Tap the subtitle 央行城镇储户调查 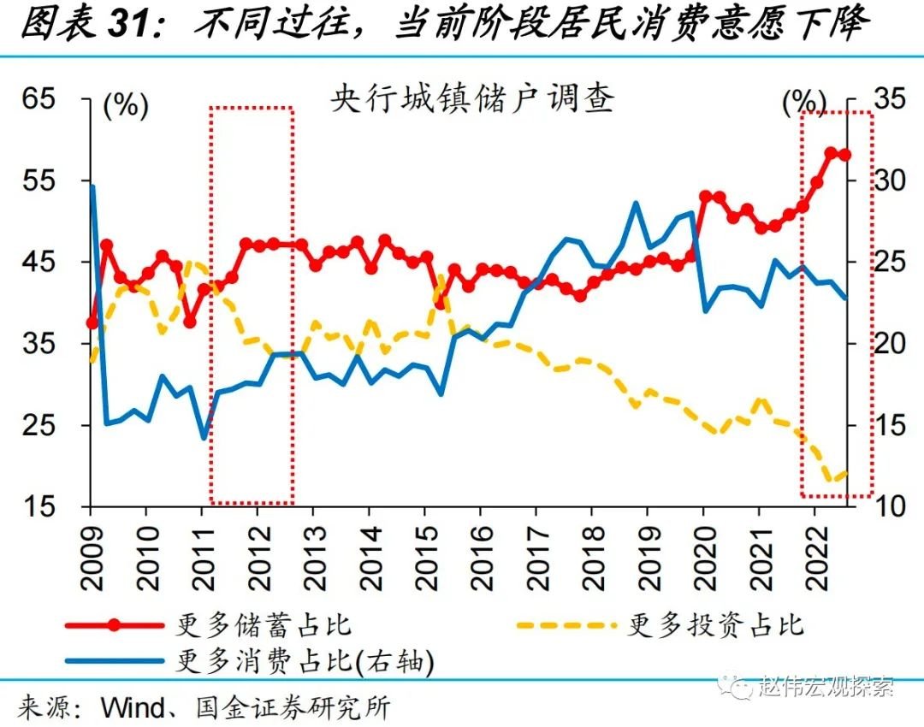pos(472,100)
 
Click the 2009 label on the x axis pos(91,556)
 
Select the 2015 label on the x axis pos(426,556)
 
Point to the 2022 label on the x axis pos(816,556)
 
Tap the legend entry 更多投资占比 pos(715,624)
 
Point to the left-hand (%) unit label pos(126,105)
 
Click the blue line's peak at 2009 pos(92,186)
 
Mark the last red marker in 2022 pos(845,155)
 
